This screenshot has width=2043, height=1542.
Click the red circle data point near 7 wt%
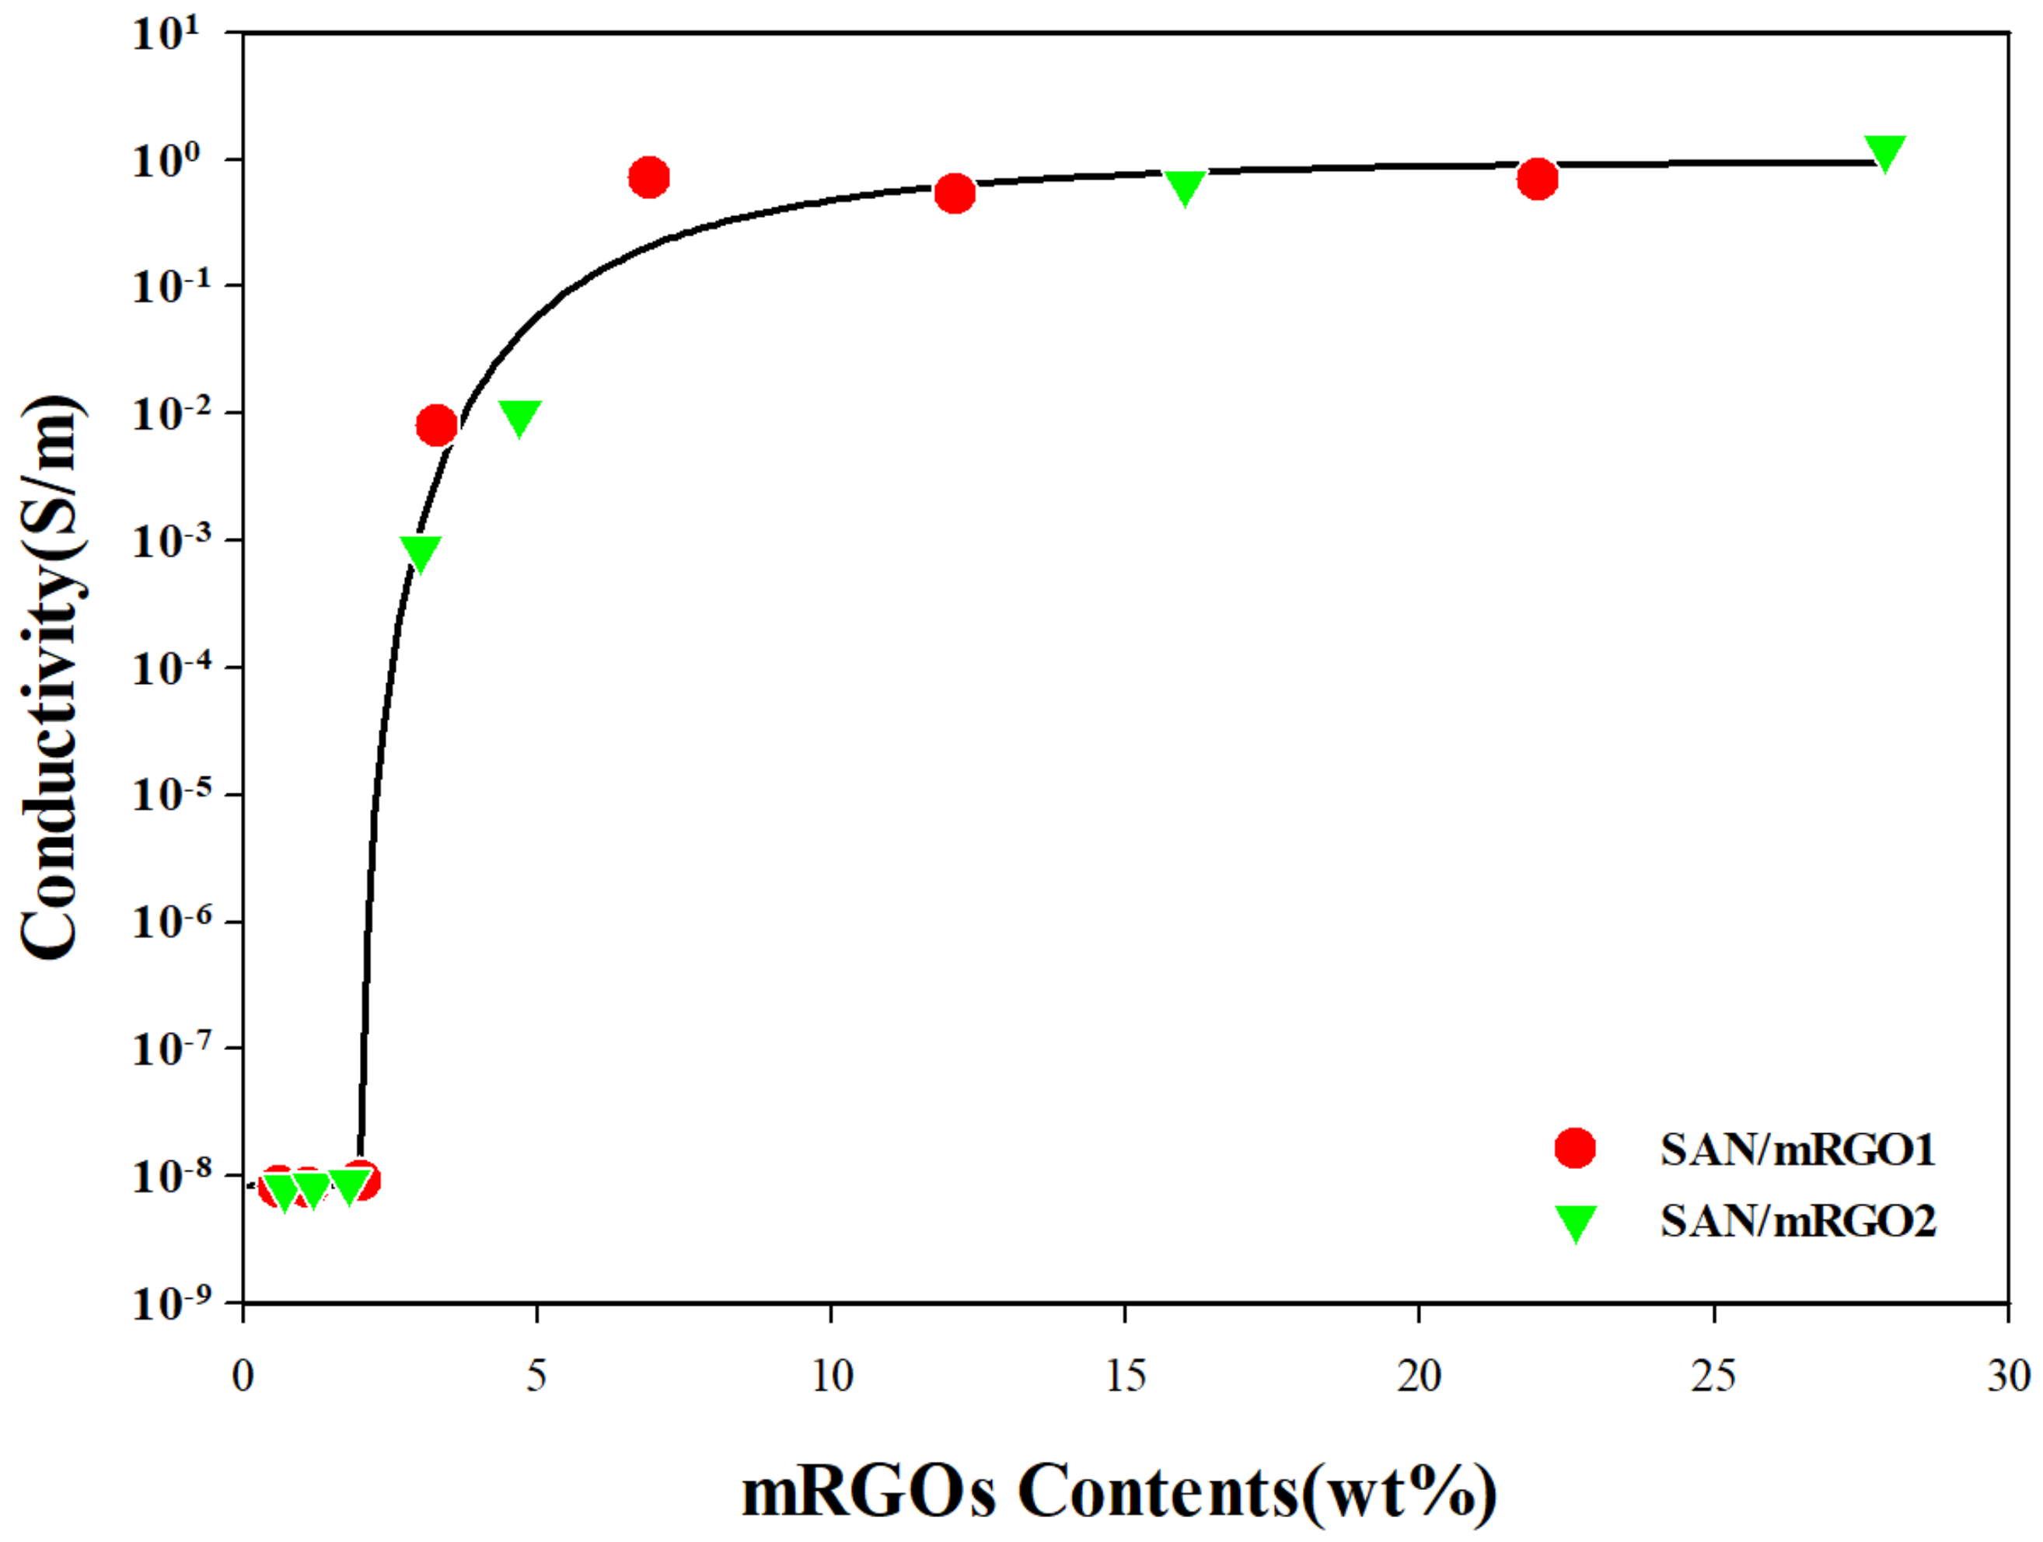[649, 176]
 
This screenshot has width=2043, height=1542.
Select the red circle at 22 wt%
[1537, 178]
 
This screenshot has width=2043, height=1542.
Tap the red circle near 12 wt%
[955, 193]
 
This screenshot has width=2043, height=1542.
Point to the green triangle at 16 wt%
[1184, 186]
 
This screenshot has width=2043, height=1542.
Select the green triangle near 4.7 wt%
[519, 417]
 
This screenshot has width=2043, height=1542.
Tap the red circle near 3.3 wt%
[437, 426]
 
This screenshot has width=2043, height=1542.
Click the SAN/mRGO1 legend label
[1797, 1150]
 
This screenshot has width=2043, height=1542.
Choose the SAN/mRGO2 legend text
[1797, 1222]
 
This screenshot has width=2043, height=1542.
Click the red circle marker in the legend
[1575, 1149]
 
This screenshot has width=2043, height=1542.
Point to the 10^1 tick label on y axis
[166, 35]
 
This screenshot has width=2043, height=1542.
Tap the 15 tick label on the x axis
[1125, 1376]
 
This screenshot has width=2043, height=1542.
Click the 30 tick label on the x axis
[2008, 1376]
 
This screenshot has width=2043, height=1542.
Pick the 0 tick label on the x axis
[243, 1376]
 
